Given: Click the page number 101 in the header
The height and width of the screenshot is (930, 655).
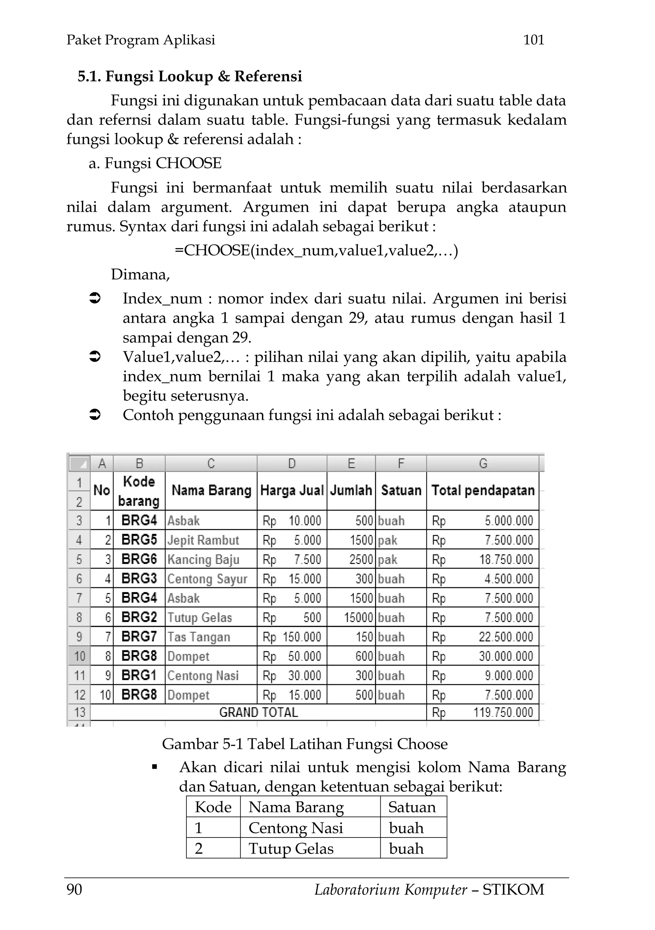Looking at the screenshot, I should tap(533, 40).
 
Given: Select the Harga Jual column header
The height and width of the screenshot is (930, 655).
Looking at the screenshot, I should tap(291, 491).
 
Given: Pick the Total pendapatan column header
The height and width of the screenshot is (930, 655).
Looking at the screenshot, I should tap(483, 491).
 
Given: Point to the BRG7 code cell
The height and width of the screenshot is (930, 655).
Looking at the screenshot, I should tap(139, 637).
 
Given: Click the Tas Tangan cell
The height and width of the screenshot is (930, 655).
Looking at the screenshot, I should tap(199, 637).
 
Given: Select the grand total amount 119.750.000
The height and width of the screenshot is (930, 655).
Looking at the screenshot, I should tap(503, 712).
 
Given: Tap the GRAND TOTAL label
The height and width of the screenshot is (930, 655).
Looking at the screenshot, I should tap(258, 712).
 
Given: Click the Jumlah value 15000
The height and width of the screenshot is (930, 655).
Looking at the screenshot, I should tap(358, 617).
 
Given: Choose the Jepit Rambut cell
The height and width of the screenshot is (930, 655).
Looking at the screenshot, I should tap(203, 540).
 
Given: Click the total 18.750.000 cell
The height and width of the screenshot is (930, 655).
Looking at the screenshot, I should tap(506, 559).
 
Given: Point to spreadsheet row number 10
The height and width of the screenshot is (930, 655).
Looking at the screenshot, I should tap(79, 656).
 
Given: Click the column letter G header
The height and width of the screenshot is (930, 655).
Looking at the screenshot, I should tap(483, 463).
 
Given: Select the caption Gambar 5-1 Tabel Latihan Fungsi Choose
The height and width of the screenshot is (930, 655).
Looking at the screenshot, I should tap(304, 744).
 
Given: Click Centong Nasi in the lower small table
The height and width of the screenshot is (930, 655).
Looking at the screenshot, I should tap(296, 828).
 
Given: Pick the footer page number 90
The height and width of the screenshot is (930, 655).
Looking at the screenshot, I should tap(74, 889).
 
